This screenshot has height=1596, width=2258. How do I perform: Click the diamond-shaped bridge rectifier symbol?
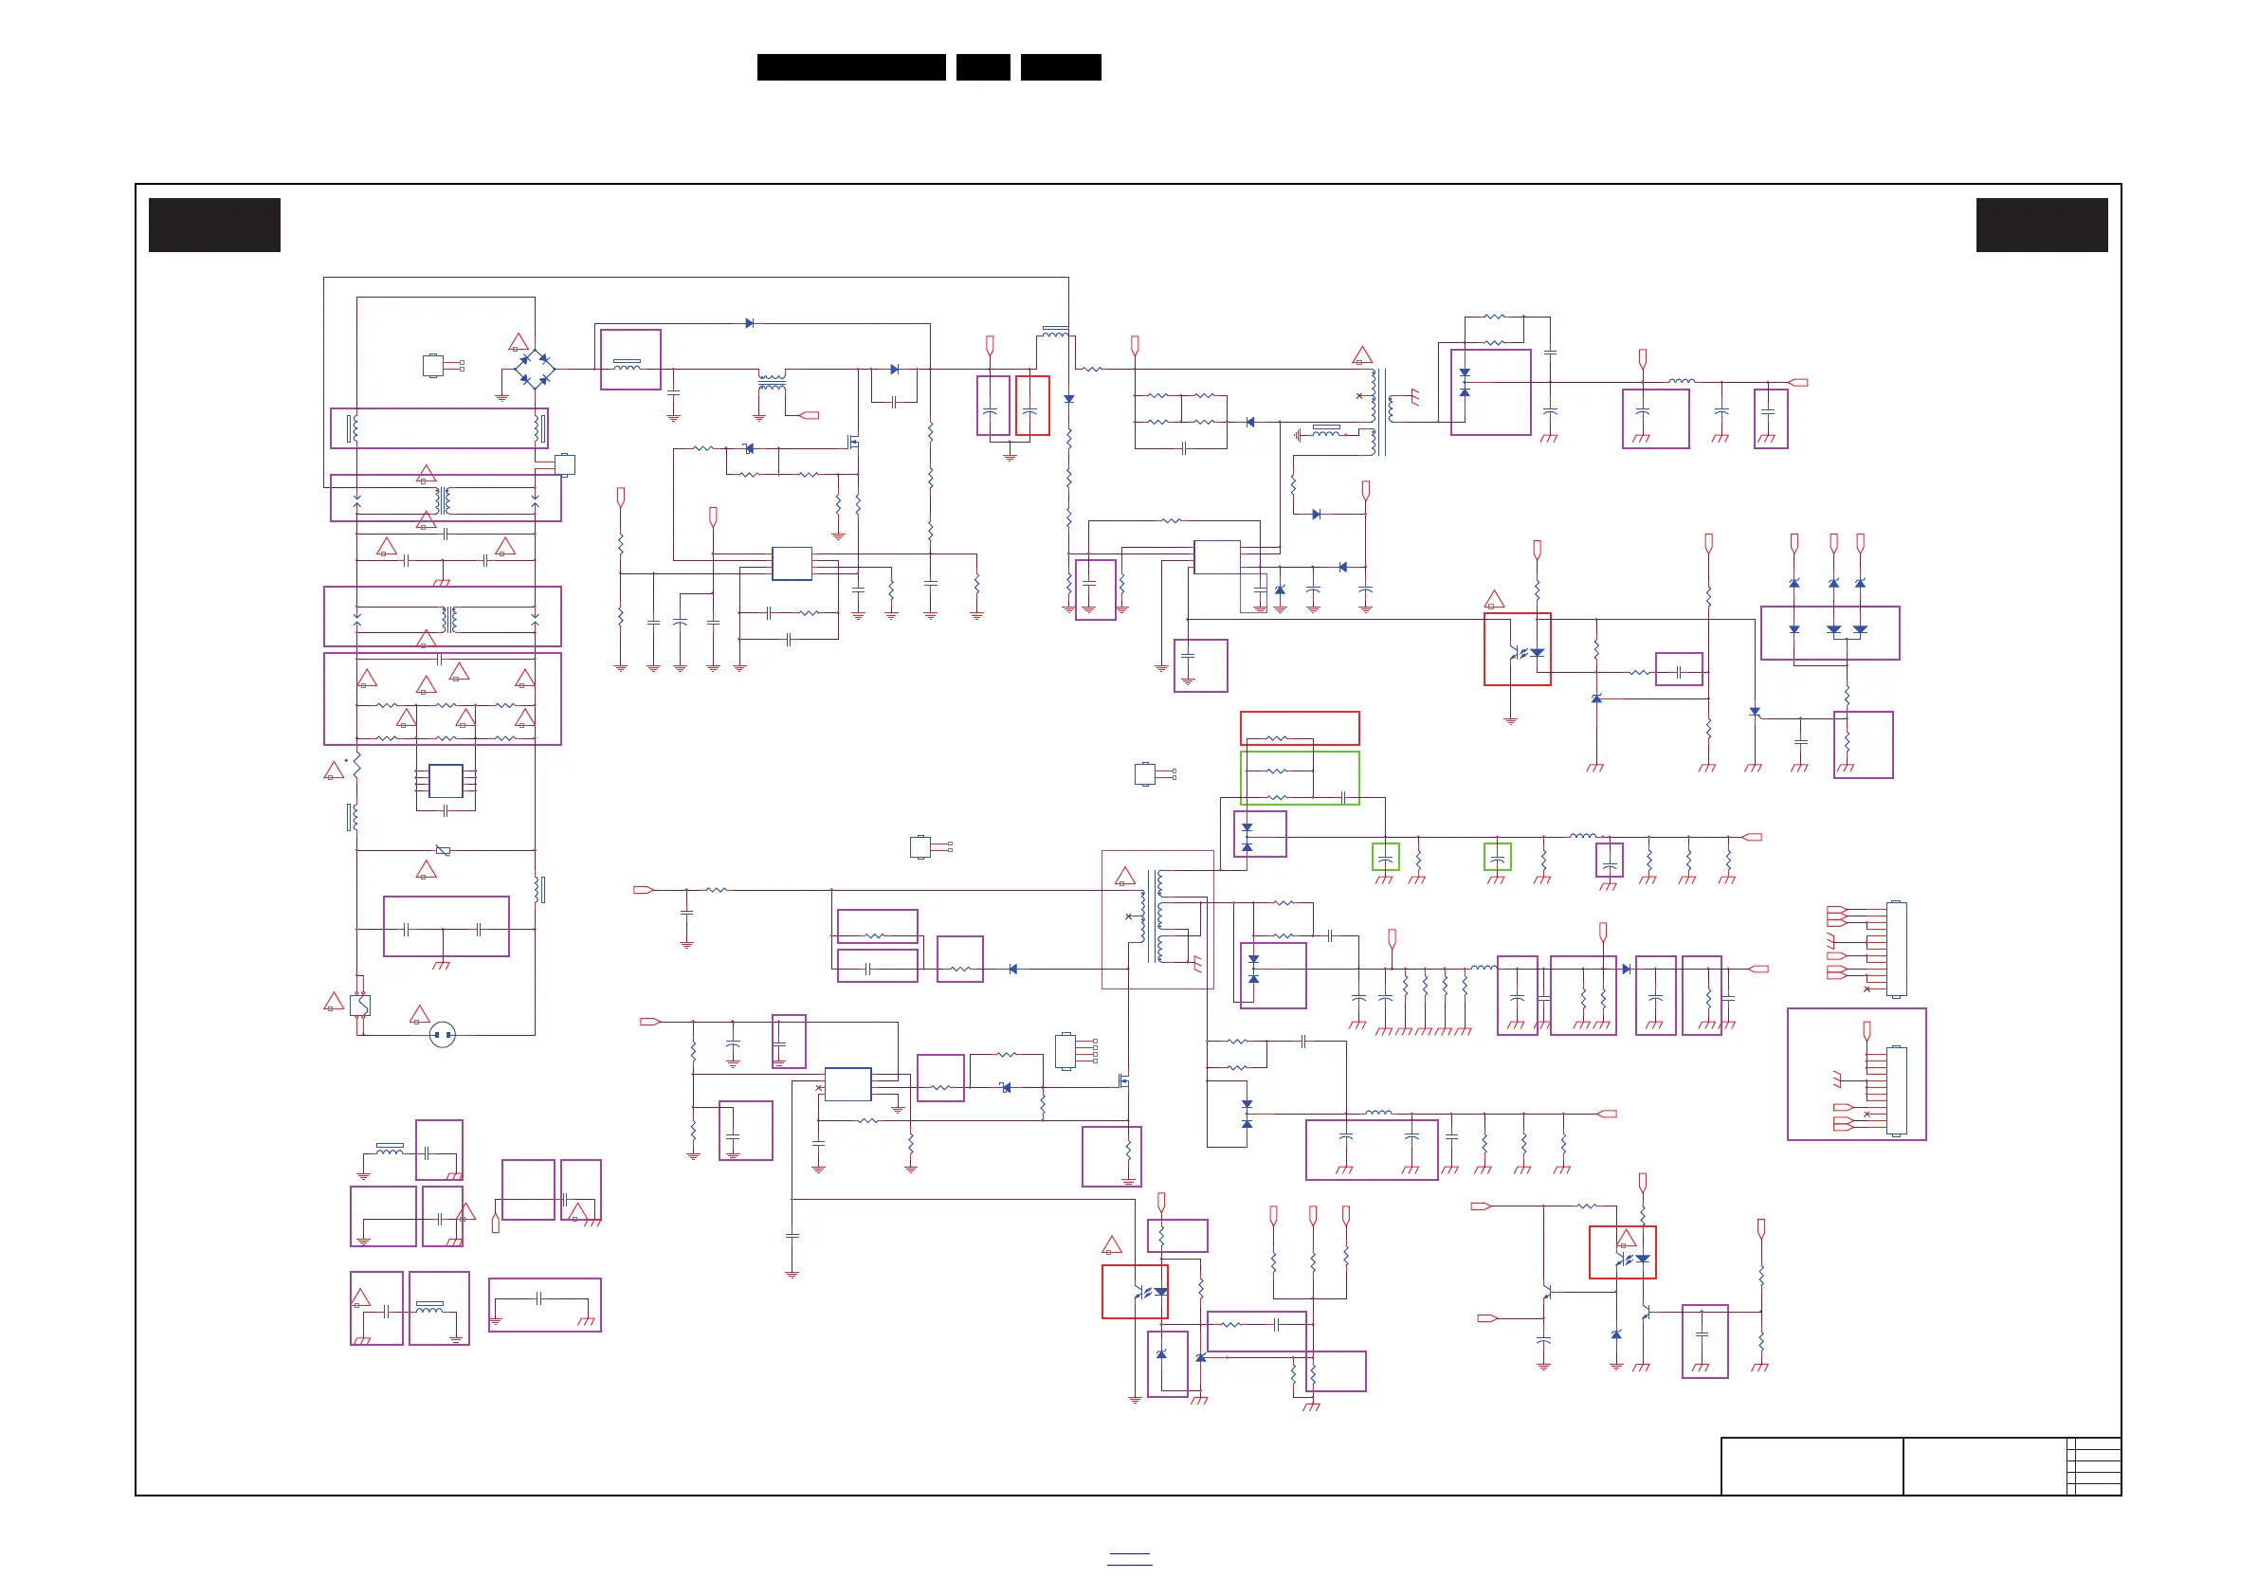pos(534,370)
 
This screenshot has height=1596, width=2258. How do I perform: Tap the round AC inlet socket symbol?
pos(443,1035)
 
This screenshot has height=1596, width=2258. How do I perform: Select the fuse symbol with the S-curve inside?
pos(360,1005)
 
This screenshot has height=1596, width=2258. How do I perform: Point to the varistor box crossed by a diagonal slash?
pos(443,851)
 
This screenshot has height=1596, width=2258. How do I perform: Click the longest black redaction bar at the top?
pos(850,67)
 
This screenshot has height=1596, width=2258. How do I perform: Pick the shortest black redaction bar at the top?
pos(982,67)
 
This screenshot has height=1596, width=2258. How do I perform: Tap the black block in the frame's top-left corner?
pos(214,226)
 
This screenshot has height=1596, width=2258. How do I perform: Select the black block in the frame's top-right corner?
pos(2042,226)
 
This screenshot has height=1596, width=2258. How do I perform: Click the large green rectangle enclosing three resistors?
pos(1299,778)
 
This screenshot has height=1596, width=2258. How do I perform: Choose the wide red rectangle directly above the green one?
pos(1299,728)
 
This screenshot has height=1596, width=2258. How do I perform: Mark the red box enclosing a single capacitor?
pos(1031,405)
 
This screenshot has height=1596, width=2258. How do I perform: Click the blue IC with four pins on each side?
pos(446,782)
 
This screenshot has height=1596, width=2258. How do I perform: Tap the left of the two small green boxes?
pos(1385,857)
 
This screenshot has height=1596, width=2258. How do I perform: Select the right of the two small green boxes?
pos(1497,857)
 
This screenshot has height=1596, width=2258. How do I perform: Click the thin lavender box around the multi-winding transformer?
pos(1156,918)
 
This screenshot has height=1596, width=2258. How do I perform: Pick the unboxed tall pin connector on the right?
pos(1897,949)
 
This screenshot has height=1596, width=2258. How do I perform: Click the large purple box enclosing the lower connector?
pos(1856,1074)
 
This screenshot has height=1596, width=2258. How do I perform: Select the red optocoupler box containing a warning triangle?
pos(1622,1252)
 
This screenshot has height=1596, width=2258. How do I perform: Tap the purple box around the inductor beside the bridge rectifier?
pos(630,360)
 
